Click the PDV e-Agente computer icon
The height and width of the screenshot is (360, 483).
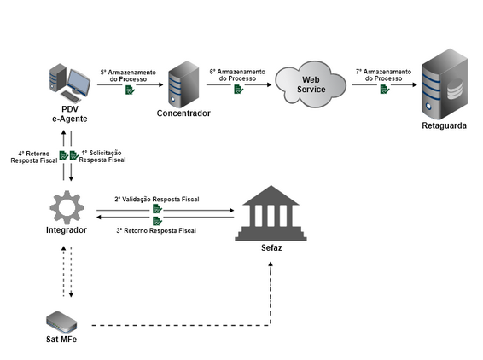tap(71, 80)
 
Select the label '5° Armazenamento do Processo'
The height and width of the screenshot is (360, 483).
tap(127, 76)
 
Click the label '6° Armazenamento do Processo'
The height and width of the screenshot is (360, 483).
tap(237, 74)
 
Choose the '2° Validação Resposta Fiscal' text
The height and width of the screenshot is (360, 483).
tap(157, 199)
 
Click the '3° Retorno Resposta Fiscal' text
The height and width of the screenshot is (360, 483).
tap(156, 229)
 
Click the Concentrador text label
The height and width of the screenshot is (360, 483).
tap(183, 113)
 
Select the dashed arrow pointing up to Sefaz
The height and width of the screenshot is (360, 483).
tap(271, 290)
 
